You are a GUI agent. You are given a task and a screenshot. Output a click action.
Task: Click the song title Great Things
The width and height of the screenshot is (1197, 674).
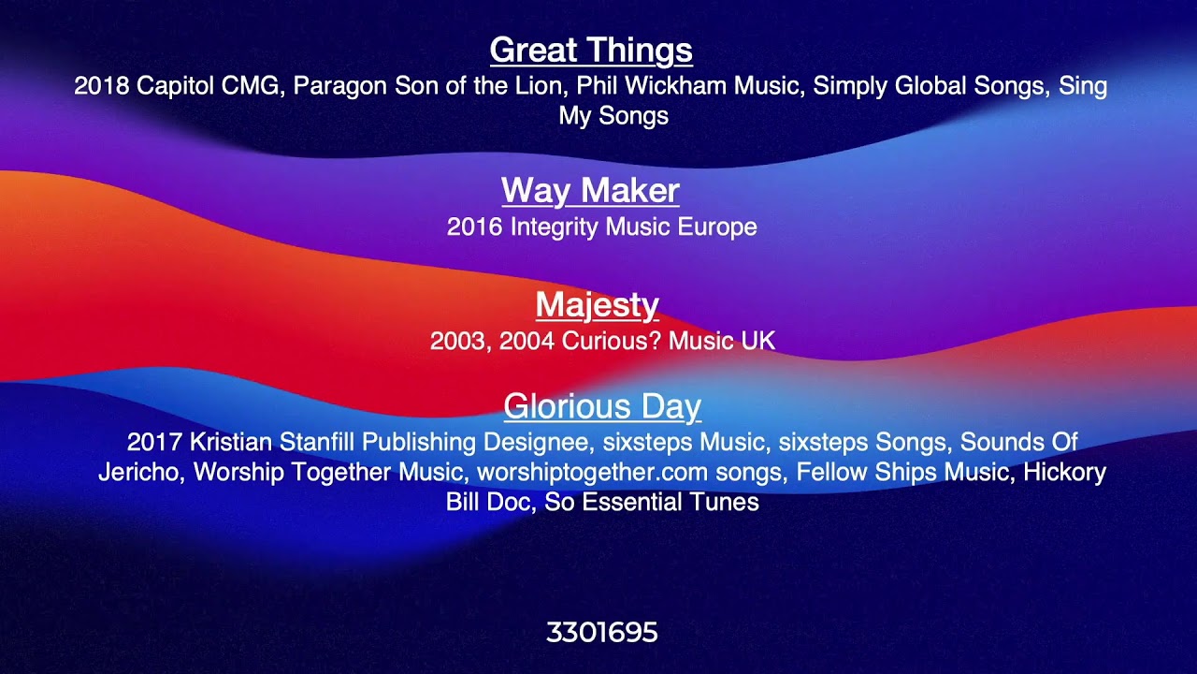point(591,51)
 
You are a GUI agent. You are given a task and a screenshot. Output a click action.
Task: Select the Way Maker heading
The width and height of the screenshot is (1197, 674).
point(590,190)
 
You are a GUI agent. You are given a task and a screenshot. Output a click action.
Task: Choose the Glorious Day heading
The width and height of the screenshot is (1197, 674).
point(602,406)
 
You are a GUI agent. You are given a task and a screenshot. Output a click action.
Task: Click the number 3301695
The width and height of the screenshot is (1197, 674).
point(601,632)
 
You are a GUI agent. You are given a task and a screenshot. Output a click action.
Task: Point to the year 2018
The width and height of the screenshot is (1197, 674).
point(102,85)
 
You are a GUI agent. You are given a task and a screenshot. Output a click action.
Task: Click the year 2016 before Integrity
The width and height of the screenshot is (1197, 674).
point(474,227)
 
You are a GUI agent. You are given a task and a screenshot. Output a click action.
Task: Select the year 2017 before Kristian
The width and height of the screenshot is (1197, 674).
point(154,442)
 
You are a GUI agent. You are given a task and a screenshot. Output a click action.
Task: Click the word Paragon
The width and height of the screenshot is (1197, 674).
point(339,86)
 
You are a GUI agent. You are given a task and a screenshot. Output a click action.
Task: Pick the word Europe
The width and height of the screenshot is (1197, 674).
point(717,227)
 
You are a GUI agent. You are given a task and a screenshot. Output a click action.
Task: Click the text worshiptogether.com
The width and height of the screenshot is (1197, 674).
point(592,473)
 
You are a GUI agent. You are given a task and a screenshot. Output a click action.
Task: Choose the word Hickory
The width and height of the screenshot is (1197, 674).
point(1064,473)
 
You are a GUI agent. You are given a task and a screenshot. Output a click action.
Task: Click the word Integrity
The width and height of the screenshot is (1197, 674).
point(555,227)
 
